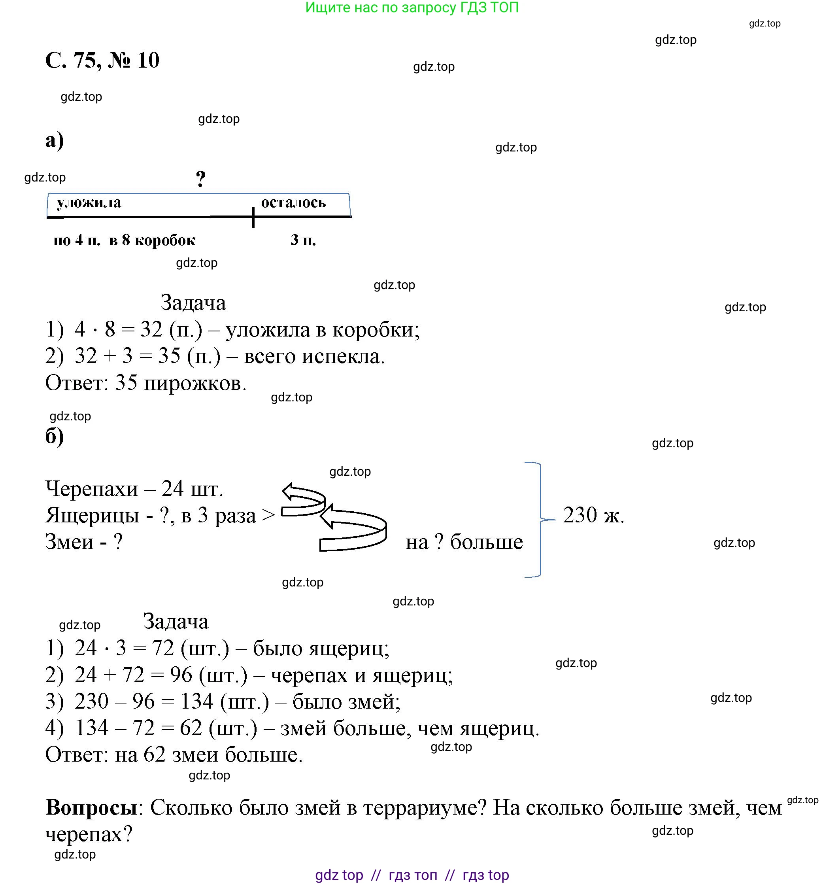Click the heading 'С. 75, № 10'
tap(102, 60)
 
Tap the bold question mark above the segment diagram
tap(201, 179)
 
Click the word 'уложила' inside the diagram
tap(89, 203)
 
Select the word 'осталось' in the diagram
tap(293, 203)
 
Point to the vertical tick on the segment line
tap(253, 217)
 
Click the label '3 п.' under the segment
tap(303, 240)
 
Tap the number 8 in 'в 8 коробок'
tap(126, 240)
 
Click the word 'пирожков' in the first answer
tap(194, 383)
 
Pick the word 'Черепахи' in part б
tap(92, 489)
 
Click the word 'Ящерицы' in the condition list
tap(92, 516)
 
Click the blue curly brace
tap(539, 520)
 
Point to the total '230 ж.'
tap(593, 515)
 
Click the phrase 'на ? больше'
tap(464, 542)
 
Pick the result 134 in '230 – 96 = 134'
tap(197, 702)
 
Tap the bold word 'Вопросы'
tap(91, 807)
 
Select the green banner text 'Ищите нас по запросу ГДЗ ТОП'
tap(412, 8)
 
